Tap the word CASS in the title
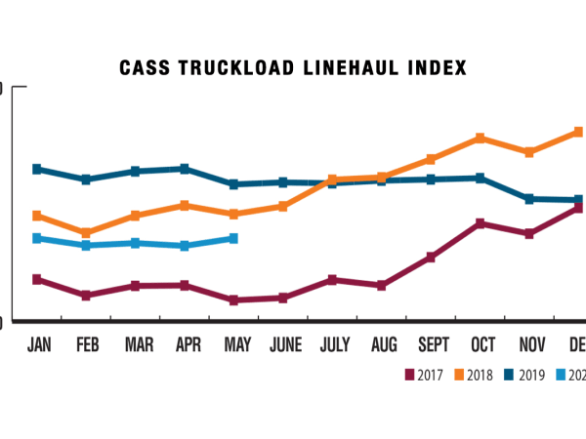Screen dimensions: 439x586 145,68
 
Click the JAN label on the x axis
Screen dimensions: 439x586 39,345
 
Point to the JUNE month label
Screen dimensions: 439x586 284,345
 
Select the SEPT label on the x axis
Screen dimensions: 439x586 433,345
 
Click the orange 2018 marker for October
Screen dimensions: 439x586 480,139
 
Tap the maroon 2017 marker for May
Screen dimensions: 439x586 233,300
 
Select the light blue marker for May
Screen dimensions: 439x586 233,238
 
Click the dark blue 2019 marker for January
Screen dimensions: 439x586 37,169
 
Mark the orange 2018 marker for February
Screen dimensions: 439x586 86,233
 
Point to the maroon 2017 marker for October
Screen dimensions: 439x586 480,223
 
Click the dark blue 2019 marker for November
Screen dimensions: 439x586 529,199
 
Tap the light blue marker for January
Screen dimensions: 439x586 37,238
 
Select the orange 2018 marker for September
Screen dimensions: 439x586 431,158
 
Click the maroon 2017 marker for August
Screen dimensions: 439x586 381,286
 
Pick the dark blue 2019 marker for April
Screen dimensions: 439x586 185,169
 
